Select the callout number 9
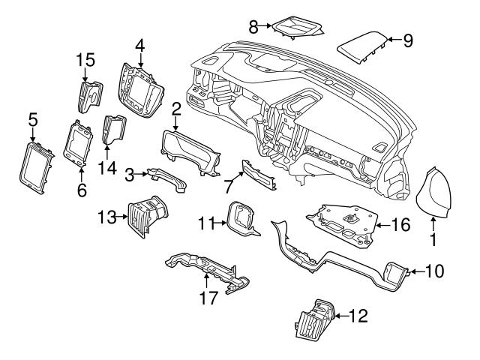[408, 40]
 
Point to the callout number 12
[360, 317]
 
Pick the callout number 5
[32, 118]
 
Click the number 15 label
[85, 58]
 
